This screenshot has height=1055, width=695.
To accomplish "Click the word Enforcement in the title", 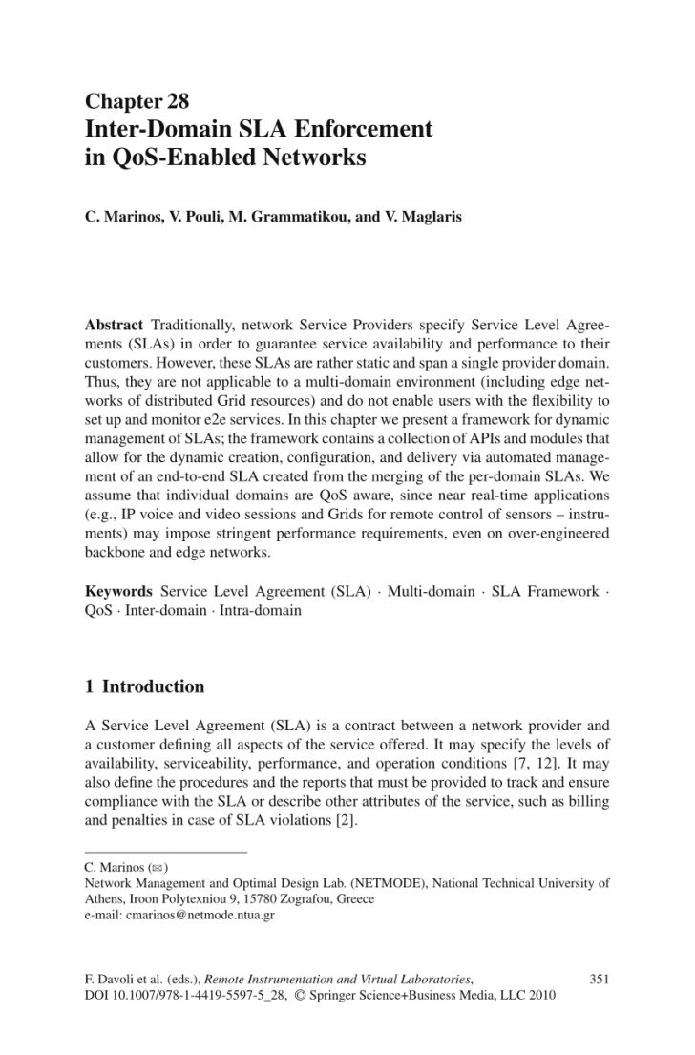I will click(369, 129).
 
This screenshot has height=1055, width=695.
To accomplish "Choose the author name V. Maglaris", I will click(398, 217).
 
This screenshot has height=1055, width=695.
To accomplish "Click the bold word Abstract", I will click(114, 325).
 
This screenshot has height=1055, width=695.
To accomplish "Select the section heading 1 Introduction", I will click(144, 686).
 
